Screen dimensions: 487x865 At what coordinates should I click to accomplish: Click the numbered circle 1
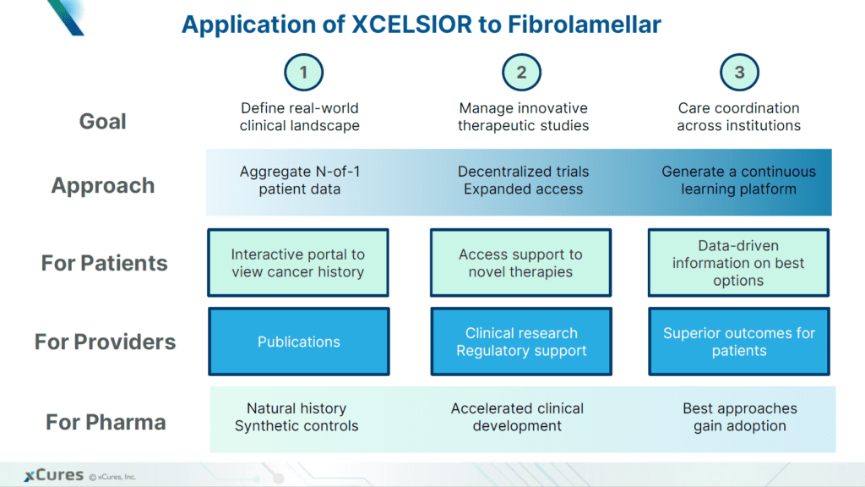(x=303, y=72)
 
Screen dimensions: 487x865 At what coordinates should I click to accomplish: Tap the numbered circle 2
(x=521, y=72)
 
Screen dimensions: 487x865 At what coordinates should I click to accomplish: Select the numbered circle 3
(x=739, y=72)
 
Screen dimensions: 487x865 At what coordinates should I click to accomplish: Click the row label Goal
(x=102, y=122)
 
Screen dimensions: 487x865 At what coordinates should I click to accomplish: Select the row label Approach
(x=103, y=186)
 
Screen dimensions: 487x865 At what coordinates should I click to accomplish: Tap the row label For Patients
(x=104, y=263)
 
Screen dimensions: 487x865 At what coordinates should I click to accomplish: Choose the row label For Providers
(x=105, y=342)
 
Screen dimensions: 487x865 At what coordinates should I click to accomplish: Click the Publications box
(x=299, y=342)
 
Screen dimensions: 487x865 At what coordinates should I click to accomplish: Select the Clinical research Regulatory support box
(x=521, y=342)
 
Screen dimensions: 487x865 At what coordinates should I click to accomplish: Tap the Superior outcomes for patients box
(x=739, y=342)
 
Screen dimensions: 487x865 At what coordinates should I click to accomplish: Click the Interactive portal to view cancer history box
(x=298, y=263)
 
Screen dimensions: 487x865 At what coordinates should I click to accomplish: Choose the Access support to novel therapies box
(x=521, y=263)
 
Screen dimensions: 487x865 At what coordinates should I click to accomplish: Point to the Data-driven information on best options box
(x=739, y=263)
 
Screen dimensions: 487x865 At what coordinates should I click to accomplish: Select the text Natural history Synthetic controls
(x=296, y=417)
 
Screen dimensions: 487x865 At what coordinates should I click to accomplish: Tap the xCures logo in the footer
(x=52, y=475)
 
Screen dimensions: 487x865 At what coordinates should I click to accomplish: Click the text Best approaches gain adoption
(x=740, y=417)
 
